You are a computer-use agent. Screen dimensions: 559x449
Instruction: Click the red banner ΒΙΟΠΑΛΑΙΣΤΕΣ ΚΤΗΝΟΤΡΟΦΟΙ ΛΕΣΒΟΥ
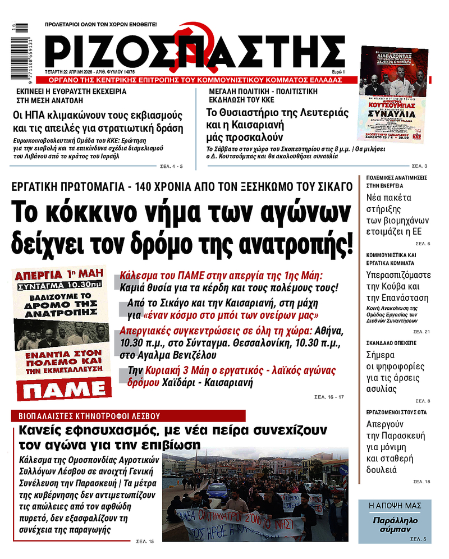tap(129, 416)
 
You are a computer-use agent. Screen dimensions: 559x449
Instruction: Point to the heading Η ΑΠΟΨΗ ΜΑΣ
tap(395, 506)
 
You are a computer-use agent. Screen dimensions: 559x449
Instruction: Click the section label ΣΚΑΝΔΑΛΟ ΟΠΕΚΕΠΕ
tap(391, 341)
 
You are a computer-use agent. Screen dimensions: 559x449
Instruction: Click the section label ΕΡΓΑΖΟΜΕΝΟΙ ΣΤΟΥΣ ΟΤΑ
tap(396, 412)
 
